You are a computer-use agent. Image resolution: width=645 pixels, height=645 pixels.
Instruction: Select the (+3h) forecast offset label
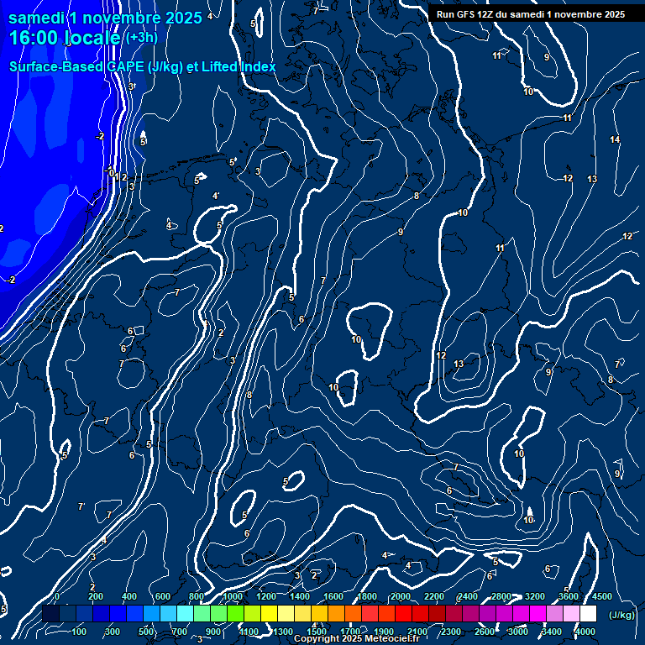140,37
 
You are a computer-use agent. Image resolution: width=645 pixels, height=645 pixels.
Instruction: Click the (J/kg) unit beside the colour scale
621,615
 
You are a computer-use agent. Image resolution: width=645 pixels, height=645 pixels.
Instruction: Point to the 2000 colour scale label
401,596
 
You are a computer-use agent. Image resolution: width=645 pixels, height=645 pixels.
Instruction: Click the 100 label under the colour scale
80,632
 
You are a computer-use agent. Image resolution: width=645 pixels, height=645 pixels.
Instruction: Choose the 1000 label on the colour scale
233,596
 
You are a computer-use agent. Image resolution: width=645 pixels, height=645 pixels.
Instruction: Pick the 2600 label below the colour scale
485,632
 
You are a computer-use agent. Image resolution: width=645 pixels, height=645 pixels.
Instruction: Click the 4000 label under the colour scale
585,632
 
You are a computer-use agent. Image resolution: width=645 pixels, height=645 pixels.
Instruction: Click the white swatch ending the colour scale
588,614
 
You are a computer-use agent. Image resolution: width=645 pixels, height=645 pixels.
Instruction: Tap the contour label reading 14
615,139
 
